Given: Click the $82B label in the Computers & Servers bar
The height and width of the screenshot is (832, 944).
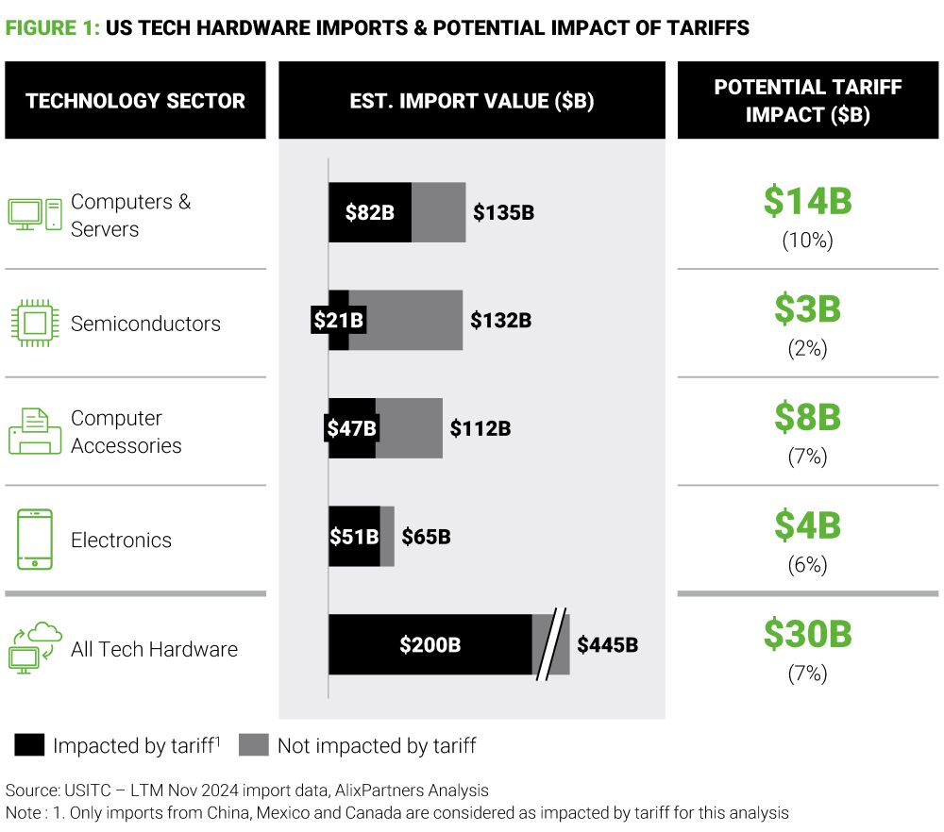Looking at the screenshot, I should point(369,212).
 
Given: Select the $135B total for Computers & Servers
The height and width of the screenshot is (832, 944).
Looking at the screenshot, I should point(503,212).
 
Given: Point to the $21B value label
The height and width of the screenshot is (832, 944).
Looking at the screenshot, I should point(337,321).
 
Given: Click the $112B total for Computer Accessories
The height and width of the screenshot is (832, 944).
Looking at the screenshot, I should point(480,428).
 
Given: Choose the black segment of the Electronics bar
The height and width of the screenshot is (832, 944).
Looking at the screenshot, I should point(354,537).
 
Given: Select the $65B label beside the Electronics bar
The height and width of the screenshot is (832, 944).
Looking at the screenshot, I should point(426,537).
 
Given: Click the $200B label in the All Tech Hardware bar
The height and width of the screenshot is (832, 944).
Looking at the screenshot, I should point(430,645).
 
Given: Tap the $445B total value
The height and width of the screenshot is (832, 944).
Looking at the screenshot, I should point(608,645).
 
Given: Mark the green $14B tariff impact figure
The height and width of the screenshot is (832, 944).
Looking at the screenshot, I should point(807,201).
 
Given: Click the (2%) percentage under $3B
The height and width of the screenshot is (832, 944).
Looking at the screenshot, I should point(807,348).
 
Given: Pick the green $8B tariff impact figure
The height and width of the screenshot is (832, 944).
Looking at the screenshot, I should point(807,417).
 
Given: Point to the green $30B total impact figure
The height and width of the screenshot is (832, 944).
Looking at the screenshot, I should point(807,635).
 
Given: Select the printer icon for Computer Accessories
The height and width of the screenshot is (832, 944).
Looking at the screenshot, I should point(35,432).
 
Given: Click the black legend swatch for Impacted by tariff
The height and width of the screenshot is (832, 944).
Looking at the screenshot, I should point(29,745).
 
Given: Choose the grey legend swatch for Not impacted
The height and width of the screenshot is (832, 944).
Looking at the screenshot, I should point(254,745).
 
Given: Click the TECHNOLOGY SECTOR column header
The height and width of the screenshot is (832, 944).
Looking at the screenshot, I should point(135,101).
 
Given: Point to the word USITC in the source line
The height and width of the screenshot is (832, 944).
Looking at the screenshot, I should point(86,790).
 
